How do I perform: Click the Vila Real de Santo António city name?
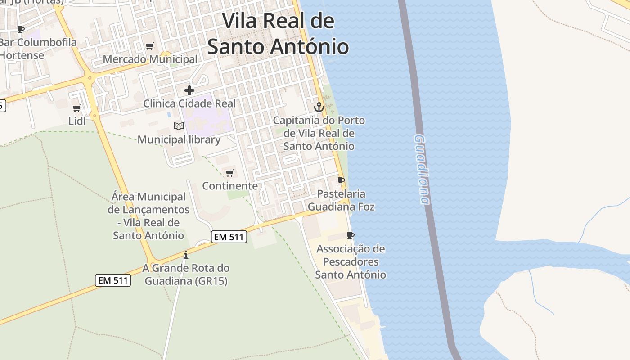click(278, 34)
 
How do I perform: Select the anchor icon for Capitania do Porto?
click(319, 107)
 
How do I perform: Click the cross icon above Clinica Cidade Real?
click(189, 90)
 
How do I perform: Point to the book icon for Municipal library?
click(179, 126)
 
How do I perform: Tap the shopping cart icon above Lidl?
click(77, 108)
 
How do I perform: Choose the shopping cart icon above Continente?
click(230, 173)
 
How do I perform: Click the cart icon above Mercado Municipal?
click(150, 46)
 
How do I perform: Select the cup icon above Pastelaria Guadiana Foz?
click(341, 181)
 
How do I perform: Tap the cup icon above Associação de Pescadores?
click(351, 235)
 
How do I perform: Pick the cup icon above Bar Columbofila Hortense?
click(20, 30)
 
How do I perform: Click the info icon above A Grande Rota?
click(185, 255)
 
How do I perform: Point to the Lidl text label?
click(77, 121)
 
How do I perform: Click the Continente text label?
click(230, 186)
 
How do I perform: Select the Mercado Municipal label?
click(150, 59)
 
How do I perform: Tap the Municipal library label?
click(179, 139)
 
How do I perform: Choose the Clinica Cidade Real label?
click(189, 103)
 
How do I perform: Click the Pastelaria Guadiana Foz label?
click(341, 200)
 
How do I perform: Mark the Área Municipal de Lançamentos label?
click(148, 216)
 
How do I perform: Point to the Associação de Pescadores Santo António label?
click(351, 261)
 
